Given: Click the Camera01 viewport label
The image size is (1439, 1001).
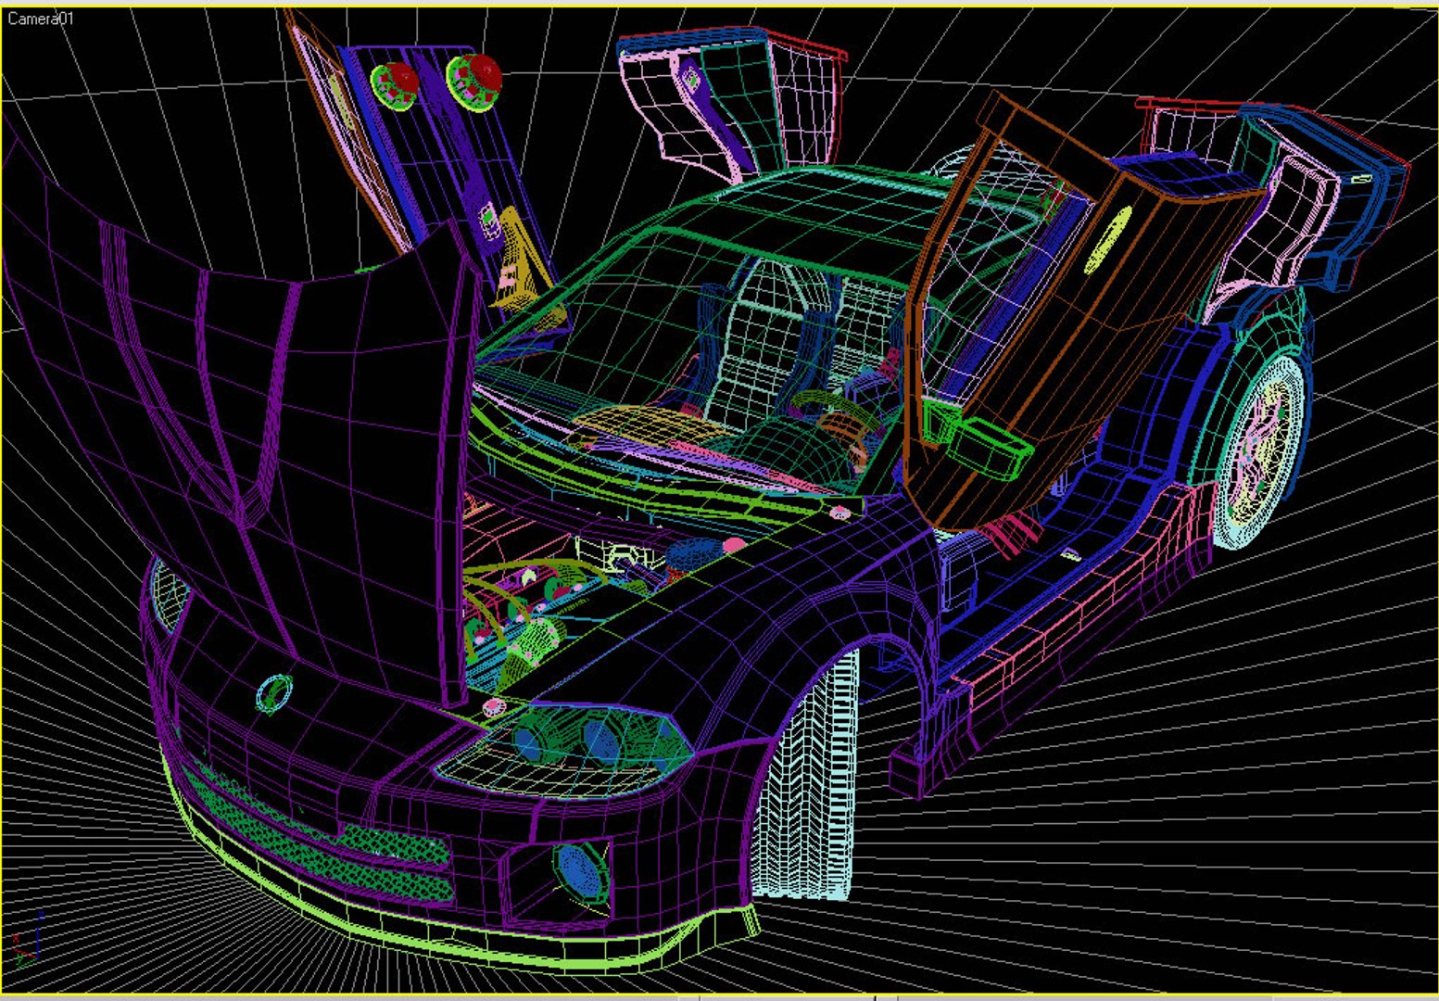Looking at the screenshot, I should click(40, 19).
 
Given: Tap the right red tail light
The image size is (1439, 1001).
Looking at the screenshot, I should click(476, 76).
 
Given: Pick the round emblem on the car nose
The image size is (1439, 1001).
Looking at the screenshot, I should click(274, 693).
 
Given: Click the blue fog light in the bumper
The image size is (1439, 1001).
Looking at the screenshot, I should click(581, 872).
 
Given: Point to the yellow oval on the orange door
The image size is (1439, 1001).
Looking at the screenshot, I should click(1106, 238).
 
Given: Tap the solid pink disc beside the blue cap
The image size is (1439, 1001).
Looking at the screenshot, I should click(735, 545).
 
